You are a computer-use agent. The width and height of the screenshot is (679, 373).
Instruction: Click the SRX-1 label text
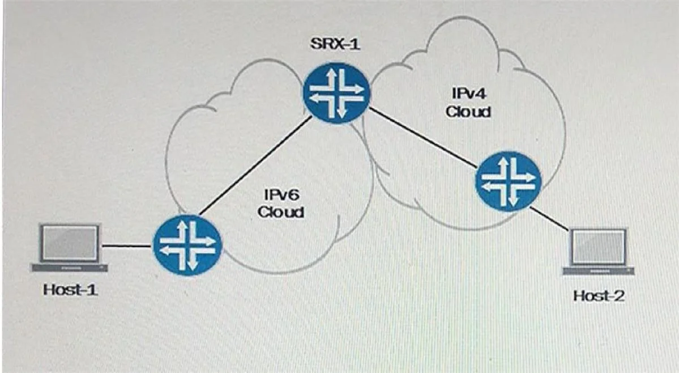point(335,44)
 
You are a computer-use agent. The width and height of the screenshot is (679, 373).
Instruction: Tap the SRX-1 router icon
point(336,92)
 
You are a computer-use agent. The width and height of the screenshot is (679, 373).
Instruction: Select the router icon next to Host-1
point(187,245)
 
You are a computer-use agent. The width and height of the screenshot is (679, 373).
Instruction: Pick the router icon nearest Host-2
point(509,181)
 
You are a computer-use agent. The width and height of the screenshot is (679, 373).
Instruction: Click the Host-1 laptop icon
point(69,248)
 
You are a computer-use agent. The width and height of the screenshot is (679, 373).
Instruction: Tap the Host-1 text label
point(70,290)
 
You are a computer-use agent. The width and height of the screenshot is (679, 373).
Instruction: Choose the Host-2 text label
point(599,296)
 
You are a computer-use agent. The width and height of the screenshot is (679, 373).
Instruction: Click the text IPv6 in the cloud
point(281,195)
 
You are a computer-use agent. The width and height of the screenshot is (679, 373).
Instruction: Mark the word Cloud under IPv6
point(281,212)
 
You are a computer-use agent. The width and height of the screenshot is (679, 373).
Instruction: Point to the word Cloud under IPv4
point(468,112)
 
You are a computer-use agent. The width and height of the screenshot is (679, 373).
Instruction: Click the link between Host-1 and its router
point(127,246)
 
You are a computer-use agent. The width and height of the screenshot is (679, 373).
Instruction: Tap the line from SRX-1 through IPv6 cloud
point(255,166)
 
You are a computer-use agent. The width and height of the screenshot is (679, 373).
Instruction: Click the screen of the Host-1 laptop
point(70,243)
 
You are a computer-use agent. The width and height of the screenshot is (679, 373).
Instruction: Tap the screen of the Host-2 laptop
point(599,247)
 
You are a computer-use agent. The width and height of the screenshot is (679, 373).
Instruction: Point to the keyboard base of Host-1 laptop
point(69,268)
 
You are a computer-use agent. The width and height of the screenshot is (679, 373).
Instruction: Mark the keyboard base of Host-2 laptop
point(599,271)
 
